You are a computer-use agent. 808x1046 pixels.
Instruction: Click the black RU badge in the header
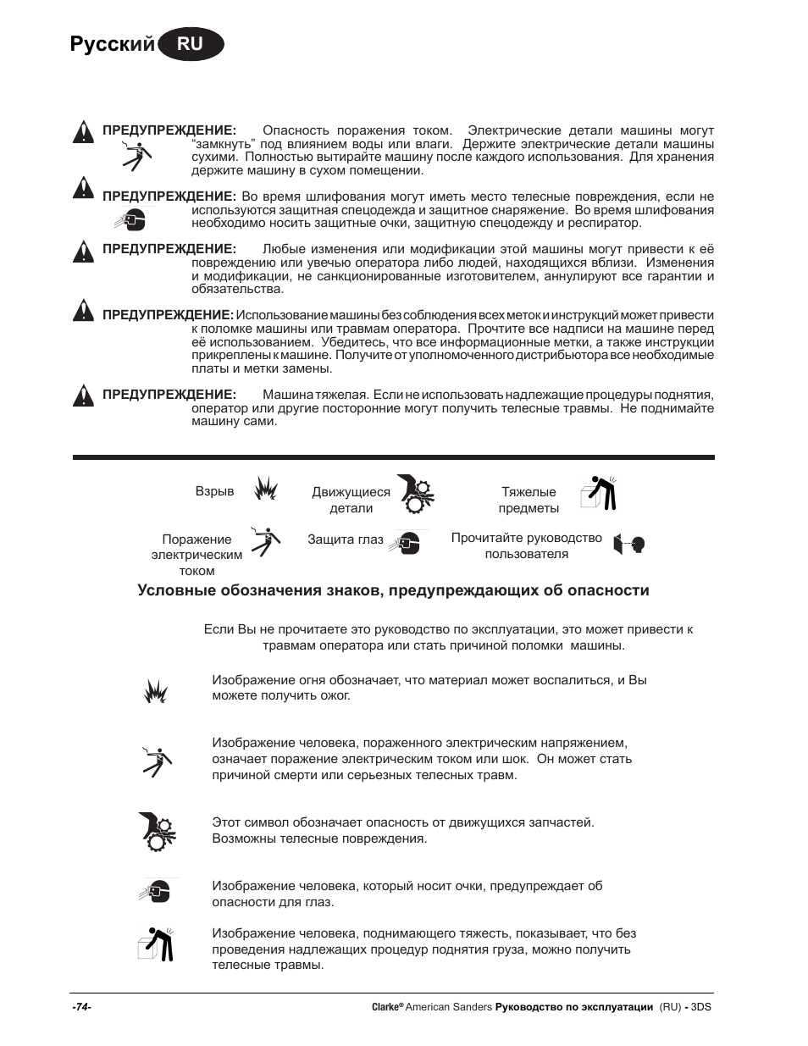[x=191, y=44]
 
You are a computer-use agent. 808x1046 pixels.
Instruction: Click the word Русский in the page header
[x=113, y=44]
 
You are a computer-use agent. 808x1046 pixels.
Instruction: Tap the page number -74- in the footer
[x=82, y=1007]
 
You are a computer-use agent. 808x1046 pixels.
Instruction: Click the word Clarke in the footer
[x=385, y=1007]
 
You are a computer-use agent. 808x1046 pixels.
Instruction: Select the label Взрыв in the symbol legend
[x=215, y=491]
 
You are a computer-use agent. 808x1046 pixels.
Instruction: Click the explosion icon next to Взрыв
[x=266, y=489]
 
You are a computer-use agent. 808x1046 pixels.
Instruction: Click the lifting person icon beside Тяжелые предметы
[x=599, y=493]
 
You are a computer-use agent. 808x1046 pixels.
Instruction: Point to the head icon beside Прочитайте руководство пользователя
[x=630, y=545]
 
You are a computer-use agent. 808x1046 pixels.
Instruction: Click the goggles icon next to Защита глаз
[x=408, y=542]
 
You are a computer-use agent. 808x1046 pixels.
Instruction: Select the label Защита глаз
[x=346, y=540]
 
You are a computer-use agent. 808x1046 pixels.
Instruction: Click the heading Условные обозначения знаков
[x=393, y=590]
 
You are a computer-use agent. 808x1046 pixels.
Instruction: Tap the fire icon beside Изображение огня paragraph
[x=155, y=691]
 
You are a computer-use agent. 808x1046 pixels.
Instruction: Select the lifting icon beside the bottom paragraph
[x=157, y=945]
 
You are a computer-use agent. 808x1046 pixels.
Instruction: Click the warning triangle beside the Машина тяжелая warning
[x=83, y=396]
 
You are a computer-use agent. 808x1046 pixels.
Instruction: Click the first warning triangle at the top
[x=83, y=132]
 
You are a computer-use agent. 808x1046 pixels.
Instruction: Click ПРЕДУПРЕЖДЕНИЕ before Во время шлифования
[x=169, y=196]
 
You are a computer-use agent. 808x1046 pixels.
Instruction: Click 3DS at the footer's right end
[x=700, y=1007]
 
